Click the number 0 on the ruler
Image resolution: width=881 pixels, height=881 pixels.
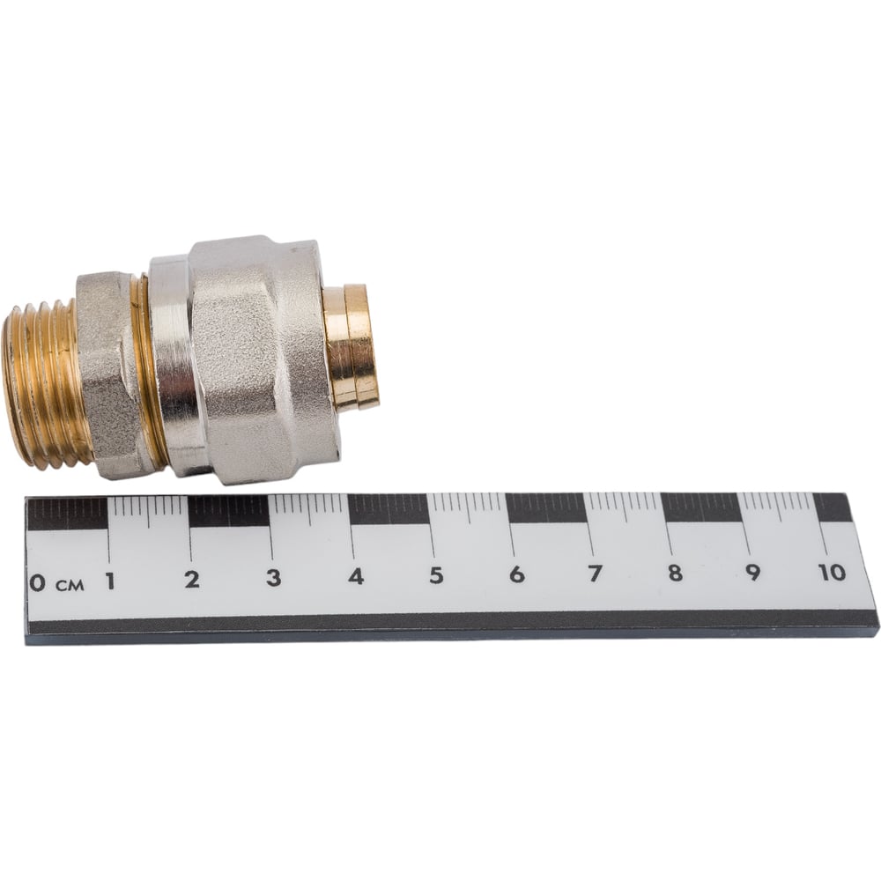click(x=37, y=582)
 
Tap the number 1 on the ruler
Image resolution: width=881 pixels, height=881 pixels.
click(x=110, y=581)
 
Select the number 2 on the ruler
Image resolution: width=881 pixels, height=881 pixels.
click(x=192, y=580)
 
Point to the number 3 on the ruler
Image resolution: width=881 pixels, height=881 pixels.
click(x=274, y=578)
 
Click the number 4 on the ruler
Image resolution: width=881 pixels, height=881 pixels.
click(x=356, y=576)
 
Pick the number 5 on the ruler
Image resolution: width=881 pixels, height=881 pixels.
click(x=437, y=575)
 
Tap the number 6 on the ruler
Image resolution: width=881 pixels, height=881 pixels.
click(x=517, y=574)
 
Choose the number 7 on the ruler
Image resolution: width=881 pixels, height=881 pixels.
click(x=595, y=574)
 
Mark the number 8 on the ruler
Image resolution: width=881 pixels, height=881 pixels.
click(x=676, y=573)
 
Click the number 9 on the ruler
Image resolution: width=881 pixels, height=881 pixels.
click(x=753, y=572)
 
